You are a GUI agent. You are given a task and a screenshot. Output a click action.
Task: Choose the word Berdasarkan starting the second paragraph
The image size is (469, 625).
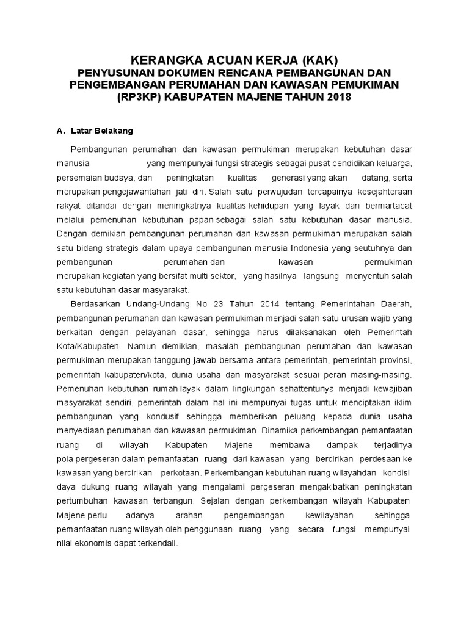(95, 304)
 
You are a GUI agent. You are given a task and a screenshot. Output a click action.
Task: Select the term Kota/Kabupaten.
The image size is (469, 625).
(84, 345)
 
